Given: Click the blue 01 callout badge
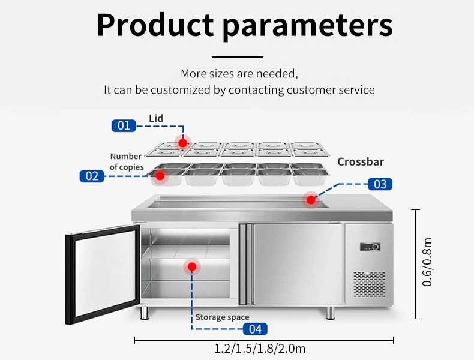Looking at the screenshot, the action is (123, 125).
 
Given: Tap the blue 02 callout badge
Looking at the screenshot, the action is (92, 176).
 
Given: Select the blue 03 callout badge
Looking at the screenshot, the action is (380, 184).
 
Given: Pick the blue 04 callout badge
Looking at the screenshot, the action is (255, 329).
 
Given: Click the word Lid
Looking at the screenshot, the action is (156, 119).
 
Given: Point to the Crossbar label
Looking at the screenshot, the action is (361, 162).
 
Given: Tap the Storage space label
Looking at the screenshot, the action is (222, 317).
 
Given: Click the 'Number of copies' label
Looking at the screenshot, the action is (127, 162).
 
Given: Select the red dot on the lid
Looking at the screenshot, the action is (182, 142).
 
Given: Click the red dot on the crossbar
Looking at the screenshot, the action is (311, 199).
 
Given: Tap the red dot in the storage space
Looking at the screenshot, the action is (192, 266).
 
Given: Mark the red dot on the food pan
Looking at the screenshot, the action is (160, 176).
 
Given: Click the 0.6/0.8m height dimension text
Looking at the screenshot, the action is (427, 262).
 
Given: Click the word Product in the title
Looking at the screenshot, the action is (155, 25).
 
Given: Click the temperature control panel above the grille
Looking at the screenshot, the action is (368, 247).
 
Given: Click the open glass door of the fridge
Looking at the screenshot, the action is (102, 276).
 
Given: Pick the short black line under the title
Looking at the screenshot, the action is (238, 57).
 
